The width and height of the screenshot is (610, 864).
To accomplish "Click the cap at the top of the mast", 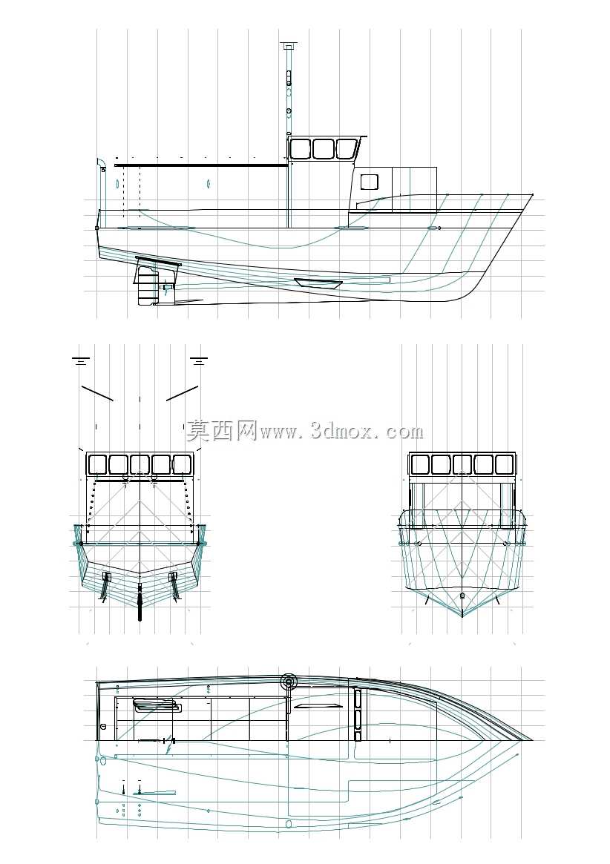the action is [289, 44].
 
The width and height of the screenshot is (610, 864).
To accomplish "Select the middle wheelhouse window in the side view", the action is [324, 149].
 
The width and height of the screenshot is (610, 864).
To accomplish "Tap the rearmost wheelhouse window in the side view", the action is [301, 149].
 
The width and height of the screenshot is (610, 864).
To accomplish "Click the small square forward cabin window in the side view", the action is [369, 182].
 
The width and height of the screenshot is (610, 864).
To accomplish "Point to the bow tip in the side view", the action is [533, 194].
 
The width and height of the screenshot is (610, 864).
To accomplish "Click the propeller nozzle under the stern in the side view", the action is [146, 285].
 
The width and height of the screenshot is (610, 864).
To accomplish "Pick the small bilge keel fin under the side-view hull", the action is [318, 283].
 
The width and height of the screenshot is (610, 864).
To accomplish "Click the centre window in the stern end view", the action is [140, 464].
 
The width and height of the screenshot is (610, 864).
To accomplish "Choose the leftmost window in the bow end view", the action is [420, 464].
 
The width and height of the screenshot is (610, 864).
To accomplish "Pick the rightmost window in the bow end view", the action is [504, 464].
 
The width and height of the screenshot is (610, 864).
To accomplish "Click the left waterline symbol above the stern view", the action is [81, 360].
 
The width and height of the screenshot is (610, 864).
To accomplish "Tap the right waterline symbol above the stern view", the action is [199, 360].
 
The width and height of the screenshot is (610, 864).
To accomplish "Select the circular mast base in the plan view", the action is [289, 682].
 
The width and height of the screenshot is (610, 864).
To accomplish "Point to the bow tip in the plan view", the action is [532, 740].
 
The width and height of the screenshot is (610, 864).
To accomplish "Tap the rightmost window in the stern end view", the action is [183, 464].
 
